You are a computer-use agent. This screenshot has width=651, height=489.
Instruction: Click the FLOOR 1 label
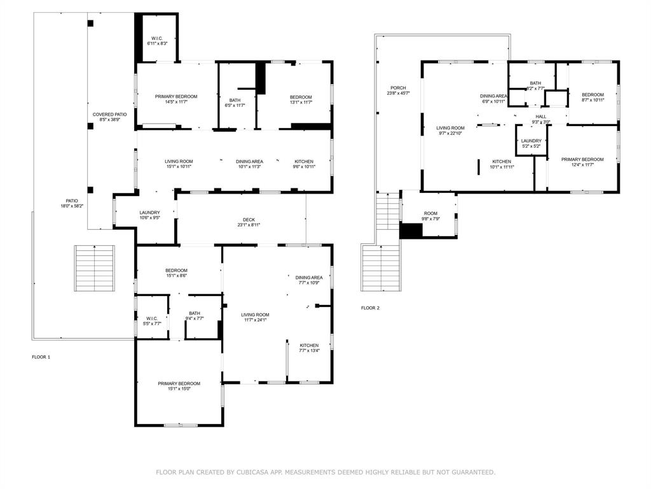click(41, 357)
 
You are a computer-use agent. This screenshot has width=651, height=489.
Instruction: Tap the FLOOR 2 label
click(371, 308)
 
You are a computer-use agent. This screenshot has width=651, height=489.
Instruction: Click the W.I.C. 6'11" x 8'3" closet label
click(158, 41)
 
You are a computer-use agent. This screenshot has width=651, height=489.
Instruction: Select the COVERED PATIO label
click(109, 115)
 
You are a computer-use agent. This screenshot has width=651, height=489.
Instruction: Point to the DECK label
click(249, 220)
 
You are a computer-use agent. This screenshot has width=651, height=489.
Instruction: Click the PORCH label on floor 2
click(398, 88)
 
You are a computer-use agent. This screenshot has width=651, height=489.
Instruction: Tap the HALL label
click(541, 117)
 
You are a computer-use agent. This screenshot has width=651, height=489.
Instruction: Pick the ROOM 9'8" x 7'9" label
click(430, 216)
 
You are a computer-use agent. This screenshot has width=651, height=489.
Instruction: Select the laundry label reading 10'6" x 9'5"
click(149, 215)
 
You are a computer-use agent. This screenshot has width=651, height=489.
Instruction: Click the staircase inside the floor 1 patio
click(95, 268)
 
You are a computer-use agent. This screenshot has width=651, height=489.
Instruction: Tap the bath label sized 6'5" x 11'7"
click(235, 103)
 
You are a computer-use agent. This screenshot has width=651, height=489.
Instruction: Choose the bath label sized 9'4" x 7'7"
click(195, 316)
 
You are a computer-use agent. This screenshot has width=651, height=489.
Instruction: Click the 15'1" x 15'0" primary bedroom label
click(179, 386)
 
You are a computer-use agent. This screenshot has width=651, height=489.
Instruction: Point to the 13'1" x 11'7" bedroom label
click(301, 100)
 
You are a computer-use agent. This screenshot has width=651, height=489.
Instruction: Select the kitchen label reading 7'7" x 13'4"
click(310, 348)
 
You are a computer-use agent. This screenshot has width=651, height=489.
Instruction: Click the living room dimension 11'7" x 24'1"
click(255, 320)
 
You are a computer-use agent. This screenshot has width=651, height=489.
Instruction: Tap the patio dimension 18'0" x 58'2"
click(72, 206)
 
